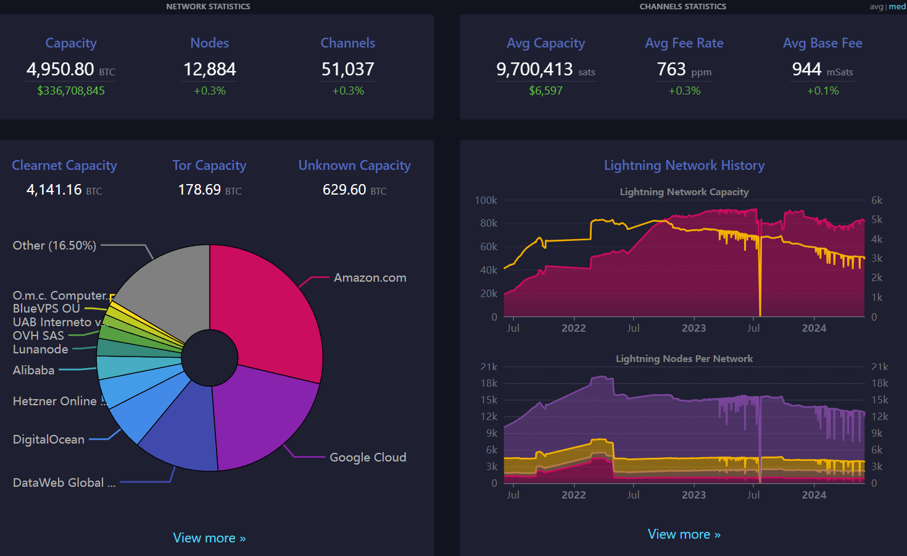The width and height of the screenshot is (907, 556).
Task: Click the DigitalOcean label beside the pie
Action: [49, 439]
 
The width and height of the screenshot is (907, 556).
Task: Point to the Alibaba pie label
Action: [33, 370]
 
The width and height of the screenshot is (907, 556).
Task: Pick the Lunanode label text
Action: [41, 349]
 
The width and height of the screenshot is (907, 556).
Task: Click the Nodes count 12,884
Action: [210, 69]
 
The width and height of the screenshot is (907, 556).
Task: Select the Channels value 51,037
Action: [348, 69]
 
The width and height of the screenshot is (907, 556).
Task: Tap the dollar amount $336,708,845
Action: [71, 90]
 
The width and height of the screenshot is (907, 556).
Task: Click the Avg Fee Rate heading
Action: [684, 43]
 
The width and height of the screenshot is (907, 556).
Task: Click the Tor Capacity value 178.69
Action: [200, 190]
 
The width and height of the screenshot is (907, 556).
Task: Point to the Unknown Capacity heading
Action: [355, 165]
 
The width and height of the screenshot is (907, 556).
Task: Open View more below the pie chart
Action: [209, 537]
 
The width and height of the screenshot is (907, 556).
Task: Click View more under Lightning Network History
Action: [684, 534]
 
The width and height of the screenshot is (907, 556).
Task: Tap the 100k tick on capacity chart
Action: [486, 200]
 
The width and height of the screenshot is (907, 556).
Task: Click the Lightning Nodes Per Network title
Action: [684, 358]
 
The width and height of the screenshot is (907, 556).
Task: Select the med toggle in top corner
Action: [898, 7]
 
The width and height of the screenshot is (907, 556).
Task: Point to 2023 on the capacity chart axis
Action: [694, 327]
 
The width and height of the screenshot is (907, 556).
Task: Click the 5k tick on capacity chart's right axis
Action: [877, 219]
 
